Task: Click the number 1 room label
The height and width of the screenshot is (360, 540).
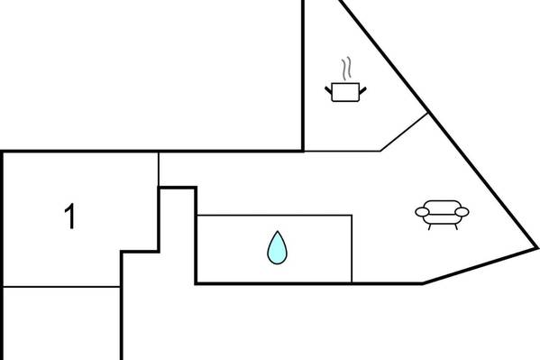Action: point(70,216)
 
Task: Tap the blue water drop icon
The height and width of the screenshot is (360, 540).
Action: point(277,248)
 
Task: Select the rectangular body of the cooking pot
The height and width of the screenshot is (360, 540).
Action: point(345,92)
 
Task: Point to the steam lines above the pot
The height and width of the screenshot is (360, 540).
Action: point(346,69)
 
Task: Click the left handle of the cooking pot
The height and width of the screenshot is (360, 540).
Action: point(328,90)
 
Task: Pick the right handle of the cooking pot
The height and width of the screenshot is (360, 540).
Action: point(363,90)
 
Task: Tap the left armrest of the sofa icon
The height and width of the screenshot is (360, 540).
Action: point(422,212)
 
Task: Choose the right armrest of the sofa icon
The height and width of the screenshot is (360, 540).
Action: point(462,212)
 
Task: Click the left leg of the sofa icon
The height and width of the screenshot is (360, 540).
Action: point(429,226)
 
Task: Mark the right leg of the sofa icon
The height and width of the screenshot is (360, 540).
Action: point(456,226)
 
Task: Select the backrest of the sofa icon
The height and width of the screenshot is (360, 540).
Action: point(443,206)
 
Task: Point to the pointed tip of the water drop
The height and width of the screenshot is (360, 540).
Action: point(278,231)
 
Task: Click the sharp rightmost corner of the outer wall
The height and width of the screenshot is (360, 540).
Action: point(537,247)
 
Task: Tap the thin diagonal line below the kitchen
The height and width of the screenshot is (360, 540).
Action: point(404,132)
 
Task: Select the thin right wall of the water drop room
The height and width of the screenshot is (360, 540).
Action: point(352,249)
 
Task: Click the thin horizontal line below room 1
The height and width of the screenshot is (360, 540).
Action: point(61,286)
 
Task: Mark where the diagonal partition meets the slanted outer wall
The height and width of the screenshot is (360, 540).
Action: point(428,113)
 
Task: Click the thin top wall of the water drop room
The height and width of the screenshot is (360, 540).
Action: point(274,215)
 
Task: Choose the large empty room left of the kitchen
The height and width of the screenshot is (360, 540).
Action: point(151,75)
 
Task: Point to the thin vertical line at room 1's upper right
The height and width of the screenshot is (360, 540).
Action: point(159,170)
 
